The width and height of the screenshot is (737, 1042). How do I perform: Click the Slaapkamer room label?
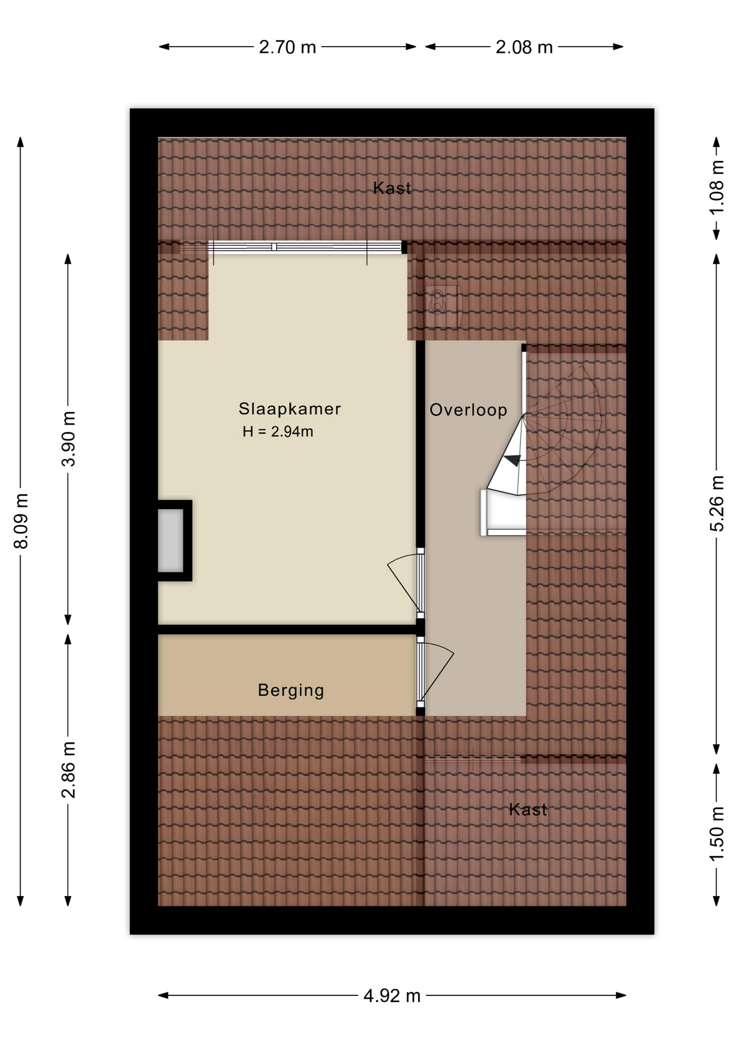tap(290, 409)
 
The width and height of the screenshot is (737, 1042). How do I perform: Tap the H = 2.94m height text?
tap(278, 431)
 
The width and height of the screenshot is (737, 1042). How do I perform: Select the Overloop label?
tap(468, 410)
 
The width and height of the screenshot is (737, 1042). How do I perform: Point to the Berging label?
tap(291, 690)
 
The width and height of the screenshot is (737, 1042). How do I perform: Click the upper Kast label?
tap(392, 188)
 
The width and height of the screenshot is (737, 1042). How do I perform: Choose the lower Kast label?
tap(528, 810)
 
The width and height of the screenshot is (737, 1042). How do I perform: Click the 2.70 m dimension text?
tap(288, 47)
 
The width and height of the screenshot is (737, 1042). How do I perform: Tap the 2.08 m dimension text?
tap(524, 47)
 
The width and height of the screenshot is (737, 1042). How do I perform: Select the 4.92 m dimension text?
tap(392, 996)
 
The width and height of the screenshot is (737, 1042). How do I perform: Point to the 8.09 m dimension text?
tap(21, 521)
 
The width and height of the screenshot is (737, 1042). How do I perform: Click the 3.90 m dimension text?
tap(68, 439)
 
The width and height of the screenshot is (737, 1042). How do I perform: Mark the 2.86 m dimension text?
tap(68, 770)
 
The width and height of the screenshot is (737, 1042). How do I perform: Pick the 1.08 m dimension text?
tap(717, 187)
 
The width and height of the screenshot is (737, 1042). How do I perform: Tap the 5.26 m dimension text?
tap(717, 504)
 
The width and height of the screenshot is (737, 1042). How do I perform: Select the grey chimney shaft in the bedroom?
tap(170, 541)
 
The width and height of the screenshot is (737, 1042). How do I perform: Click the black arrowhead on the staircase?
tap(512, 460)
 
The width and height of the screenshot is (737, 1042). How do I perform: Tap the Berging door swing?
tap(437, 672)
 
